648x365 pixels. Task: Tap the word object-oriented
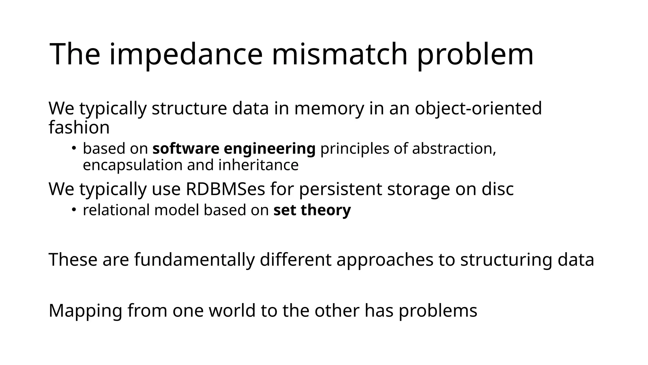478,108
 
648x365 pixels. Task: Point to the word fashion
79,127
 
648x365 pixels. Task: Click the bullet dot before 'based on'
73,148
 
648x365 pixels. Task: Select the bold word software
186,148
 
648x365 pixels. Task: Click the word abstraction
454,148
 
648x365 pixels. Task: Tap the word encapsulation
133,165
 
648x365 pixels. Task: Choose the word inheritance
259,165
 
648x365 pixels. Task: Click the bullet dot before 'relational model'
73,209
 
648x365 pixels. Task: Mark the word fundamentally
194,259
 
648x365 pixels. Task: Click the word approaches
385,260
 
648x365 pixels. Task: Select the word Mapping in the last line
85,311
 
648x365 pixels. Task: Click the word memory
329,109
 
